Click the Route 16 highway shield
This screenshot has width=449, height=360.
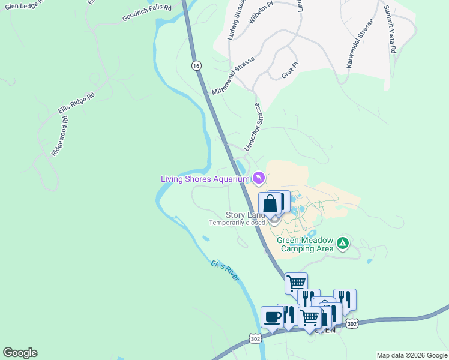(x=196, y=65)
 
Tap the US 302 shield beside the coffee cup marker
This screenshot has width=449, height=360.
(x=256, y=338)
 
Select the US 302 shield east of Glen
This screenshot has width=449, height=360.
(x=352, y=323)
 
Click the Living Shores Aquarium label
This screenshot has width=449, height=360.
(x=204, y=179)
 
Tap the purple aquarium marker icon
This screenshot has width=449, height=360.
(x=258, y=178)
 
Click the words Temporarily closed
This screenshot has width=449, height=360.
(x=237, y=223)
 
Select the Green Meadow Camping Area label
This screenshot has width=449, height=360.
(x=305, y=244)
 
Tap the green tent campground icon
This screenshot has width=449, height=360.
(x=342, y=243)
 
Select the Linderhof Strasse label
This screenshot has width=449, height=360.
(x=253, y=127)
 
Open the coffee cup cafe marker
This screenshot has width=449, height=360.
(x=272, y=317)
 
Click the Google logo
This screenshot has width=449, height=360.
(x=20, y=353)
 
